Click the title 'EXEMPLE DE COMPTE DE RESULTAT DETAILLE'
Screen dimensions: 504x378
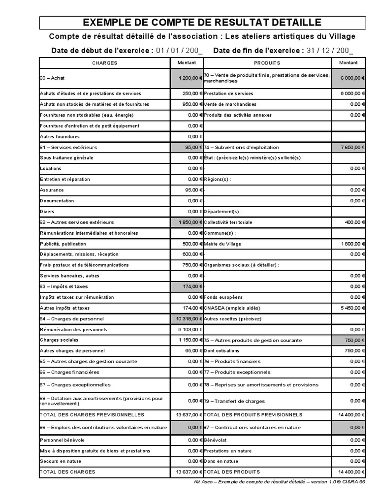(202, 22)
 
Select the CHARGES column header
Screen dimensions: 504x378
(105, 63)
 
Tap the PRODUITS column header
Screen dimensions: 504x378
(267, 63)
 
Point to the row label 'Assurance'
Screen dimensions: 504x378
(52, 190)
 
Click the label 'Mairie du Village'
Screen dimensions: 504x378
(222, 244)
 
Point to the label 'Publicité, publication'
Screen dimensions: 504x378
(63, 244)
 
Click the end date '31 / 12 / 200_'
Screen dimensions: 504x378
(330, 50)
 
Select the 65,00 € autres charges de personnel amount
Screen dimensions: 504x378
(192, 351)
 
